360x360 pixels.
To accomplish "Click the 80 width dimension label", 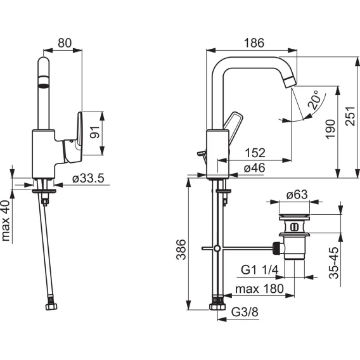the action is coord(65,43).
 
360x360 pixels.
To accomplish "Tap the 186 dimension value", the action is coord(254,43).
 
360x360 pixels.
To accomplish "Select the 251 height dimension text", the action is coord(350,116).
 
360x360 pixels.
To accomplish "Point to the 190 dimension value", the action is coord(330,129).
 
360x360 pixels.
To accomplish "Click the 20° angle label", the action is coord(314,100).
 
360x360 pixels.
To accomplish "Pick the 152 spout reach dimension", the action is coord(255,153).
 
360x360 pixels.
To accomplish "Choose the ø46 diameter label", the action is coord(255,168).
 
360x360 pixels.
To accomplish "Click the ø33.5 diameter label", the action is coord(88,178).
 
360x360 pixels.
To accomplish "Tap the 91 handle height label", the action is coord(95,132).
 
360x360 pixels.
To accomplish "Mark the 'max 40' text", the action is coord(6,221).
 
